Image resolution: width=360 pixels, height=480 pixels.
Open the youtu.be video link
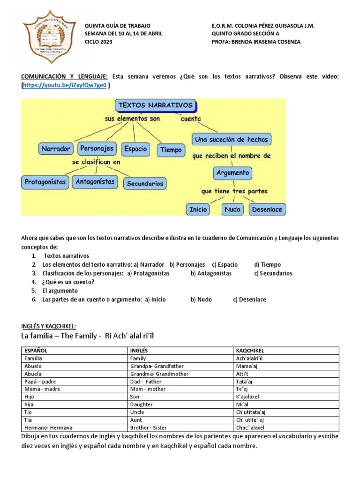65,85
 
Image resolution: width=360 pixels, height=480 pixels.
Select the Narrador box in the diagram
56,149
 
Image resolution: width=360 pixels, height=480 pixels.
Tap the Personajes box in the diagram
97,148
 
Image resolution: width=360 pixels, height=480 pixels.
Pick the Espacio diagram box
135,149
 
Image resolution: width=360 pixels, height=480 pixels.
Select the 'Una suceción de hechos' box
232,140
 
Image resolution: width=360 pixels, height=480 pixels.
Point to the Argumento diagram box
232,173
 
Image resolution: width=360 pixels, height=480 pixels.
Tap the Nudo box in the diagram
232,209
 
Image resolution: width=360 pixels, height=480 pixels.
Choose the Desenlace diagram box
267,209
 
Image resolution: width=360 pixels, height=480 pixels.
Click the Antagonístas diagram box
95,181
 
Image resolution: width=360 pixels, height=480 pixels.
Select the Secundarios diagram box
145,183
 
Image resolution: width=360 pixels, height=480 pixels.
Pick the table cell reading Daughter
142,404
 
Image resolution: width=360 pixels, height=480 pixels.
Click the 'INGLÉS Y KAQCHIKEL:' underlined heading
48,326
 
